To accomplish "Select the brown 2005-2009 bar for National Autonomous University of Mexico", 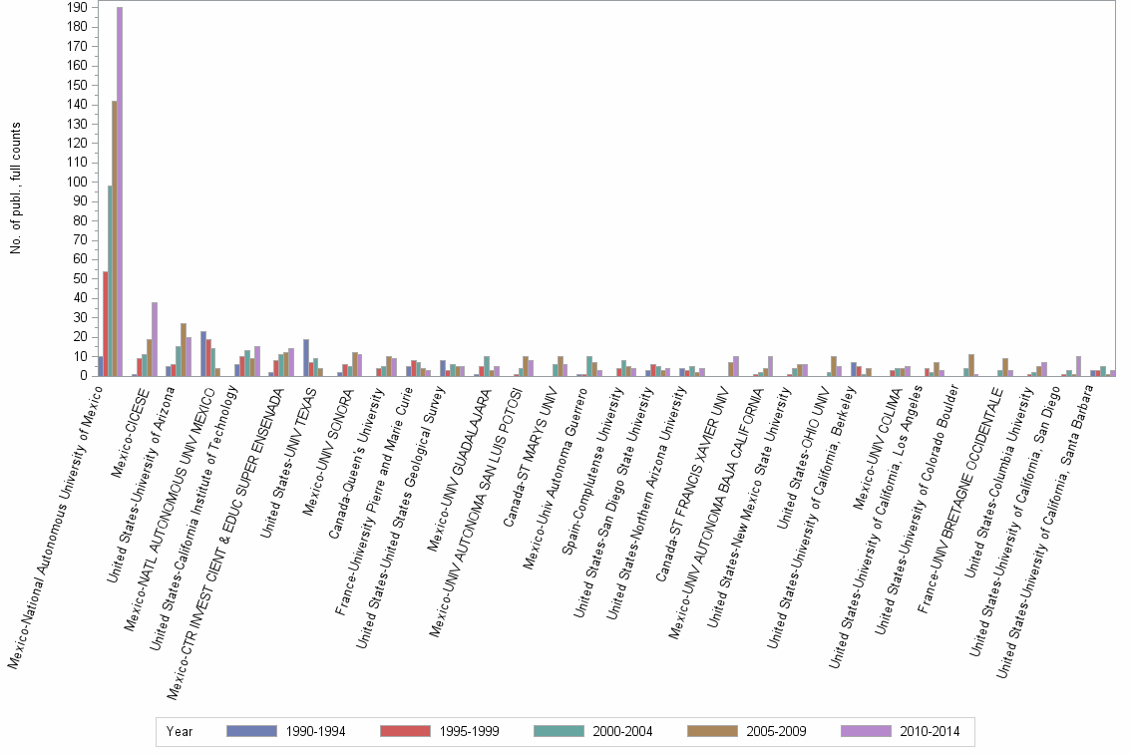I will click(x=114, y=238).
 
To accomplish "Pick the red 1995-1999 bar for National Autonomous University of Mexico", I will click(x=105, y=324).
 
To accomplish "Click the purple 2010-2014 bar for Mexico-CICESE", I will click(x=155, y=339).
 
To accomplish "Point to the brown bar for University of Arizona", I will click(x=184, y=350).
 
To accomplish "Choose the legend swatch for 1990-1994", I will click(x=252, y=731).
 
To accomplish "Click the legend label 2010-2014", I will click(x=929, y=732).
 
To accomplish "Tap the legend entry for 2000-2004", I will click(x=621, y=732).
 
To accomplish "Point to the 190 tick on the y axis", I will click(x=76, y=8).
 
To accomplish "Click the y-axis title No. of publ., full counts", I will click(x=16, y=188).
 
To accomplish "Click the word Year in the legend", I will click(x=180, y=732).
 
